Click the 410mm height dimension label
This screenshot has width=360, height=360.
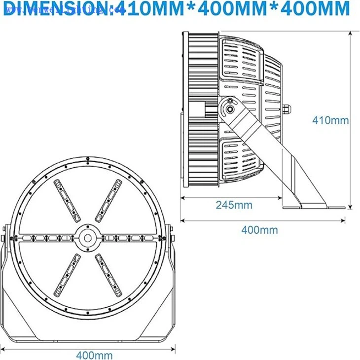point(330,120)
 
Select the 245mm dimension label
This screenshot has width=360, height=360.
point(234,205)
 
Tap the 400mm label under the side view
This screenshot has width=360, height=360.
point(259,230)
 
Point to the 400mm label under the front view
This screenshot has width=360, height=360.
point(94,355)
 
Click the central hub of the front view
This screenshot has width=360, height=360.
point(88,238)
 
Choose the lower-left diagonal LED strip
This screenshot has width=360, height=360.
point(67,275)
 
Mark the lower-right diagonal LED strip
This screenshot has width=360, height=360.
point(109,275)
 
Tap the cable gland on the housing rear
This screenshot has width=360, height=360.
point(288,109)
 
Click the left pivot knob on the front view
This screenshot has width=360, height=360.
point(4,238)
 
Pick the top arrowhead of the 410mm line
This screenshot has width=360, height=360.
point(351,34)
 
